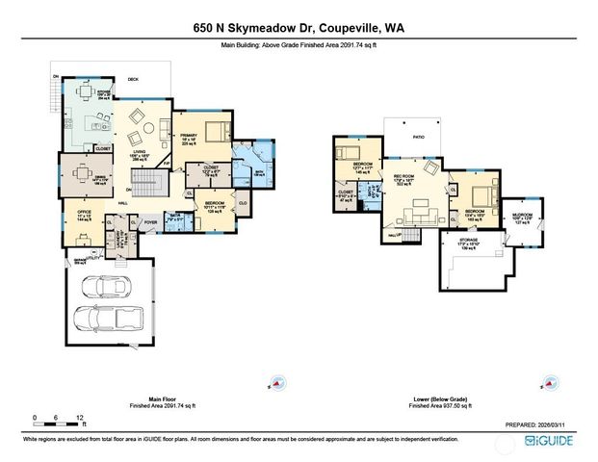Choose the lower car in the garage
click(x=109, y=319)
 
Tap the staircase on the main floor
click(x=144, y=181)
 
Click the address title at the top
click(x=298, y=29)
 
